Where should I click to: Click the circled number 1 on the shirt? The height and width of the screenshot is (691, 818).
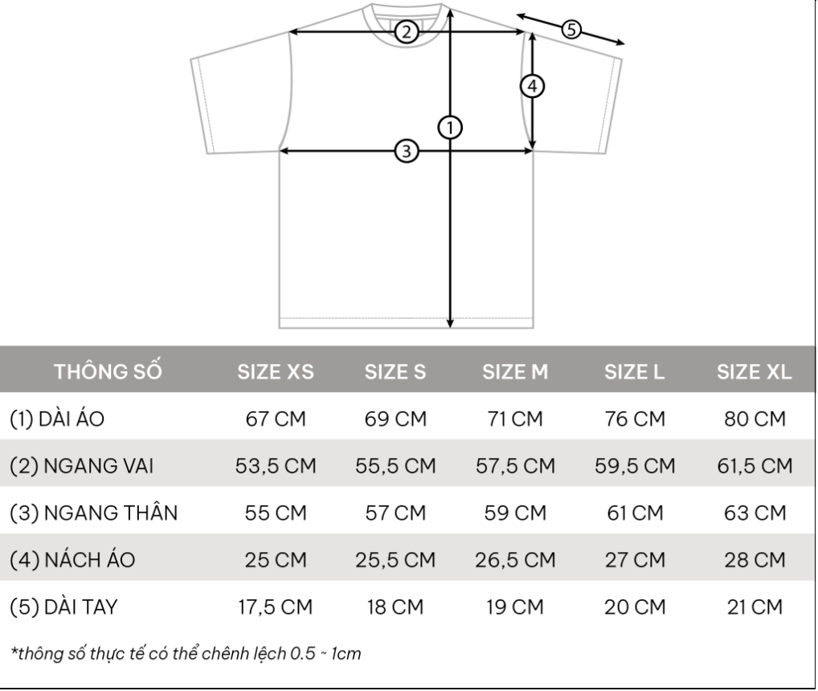[450, 127]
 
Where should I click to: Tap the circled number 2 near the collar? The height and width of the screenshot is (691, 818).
[407, 32]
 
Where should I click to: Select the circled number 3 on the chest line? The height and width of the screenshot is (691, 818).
[407, 151]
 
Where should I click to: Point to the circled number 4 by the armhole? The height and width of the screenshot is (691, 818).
[532, 86]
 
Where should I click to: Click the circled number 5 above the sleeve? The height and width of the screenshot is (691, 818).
[571, 29]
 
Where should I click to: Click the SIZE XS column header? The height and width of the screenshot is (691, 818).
[276, 372]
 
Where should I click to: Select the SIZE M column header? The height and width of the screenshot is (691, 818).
[515, 372]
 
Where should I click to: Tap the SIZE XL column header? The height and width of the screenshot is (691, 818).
[754, 372]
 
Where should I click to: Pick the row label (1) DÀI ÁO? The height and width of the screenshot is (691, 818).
[57, 419]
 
